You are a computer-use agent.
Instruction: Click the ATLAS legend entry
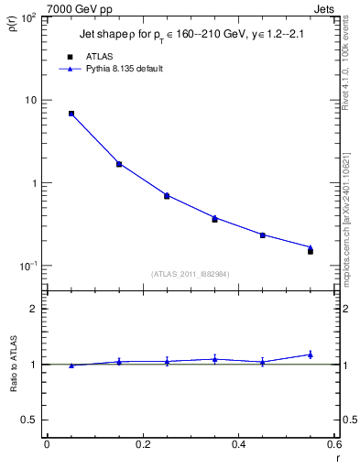(98, 57)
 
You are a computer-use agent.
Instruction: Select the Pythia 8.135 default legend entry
(123, 69)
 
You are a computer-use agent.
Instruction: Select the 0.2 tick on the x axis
(142, 444)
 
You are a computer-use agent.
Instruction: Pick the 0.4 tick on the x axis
(238, 444)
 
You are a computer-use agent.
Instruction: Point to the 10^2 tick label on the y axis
(29, 17)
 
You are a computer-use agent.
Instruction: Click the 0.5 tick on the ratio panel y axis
(29, 420)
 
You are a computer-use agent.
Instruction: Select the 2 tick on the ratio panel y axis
(35, 309)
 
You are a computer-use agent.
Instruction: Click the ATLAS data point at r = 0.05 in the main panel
(71, 114)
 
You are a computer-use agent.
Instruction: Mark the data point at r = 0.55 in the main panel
(311, 250)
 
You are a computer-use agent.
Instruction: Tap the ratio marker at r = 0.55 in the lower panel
(311, 354)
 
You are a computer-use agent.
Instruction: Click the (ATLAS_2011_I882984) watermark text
(191, 273)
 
